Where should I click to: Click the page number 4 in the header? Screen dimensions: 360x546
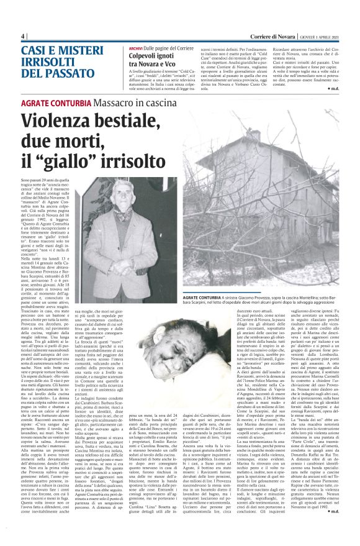(x=22, y=36)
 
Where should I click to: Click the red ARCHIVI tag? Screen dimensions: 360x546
(x=137, y=48)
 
